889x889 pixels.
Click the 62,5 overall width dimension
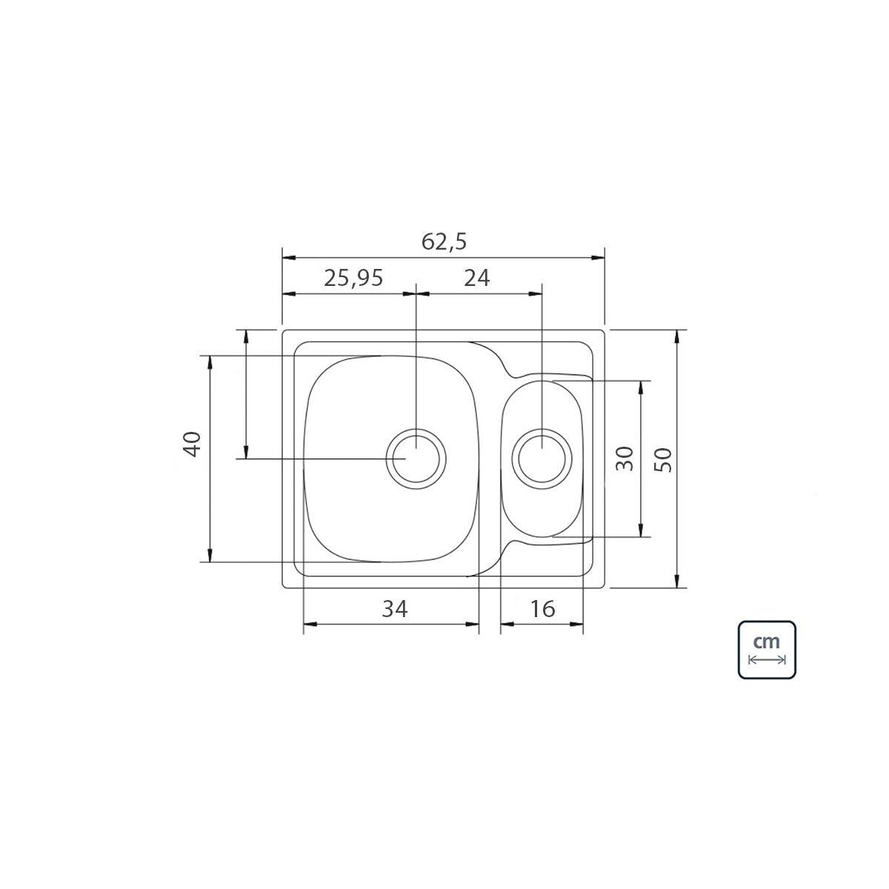(x=444, y=242)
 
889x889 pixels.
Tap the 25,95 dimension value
(x=353, y=279)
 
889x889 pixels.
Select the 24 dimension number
(x=476, y=279)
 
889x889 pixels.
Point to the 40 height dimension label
(x=192, y=444)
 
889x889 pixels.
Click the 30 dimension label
(x=625, y=458)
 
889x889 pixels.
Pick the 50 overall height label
(x=663, y=459)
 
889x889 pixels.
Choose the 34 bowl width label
(x=395, y=609)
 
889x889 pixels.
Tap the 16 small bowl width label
(x=542, y=609)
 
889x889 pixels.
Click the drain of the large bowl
(x=416, y=459)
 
